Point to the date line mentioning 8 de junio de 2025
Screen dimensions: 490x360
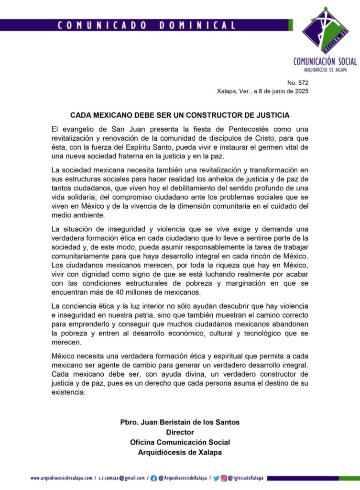coord(262,91)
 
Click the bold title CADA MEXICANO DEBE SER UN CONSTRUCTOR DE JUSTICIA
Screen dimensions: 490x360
coord(180,115)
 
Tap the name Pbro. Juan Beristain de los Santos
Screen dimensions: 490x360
coord(180,422)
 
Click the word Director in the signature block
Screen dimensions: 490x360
coord(180,432)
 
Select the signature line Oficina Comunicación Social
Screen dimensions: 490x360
coord(180,442)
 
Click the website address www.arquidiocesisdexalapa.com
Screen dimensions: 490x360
coord(61,478)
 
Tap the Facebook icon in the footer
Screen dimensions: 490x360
coord(153,478)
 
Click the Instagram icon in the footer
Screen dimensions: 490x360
coord(223,478)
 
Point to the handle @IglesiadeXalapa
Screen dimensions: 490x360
coord(246,478)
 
